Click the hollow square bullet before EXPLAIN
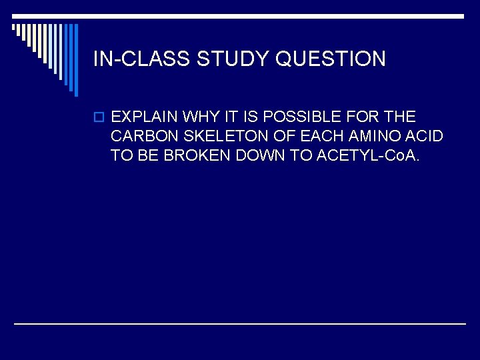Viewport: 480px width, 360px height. click(99, 118)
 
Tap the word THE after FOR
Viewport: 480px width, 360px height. click(399, 117)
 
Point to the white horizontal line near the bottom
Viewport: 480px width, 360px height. click(240, 323)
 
